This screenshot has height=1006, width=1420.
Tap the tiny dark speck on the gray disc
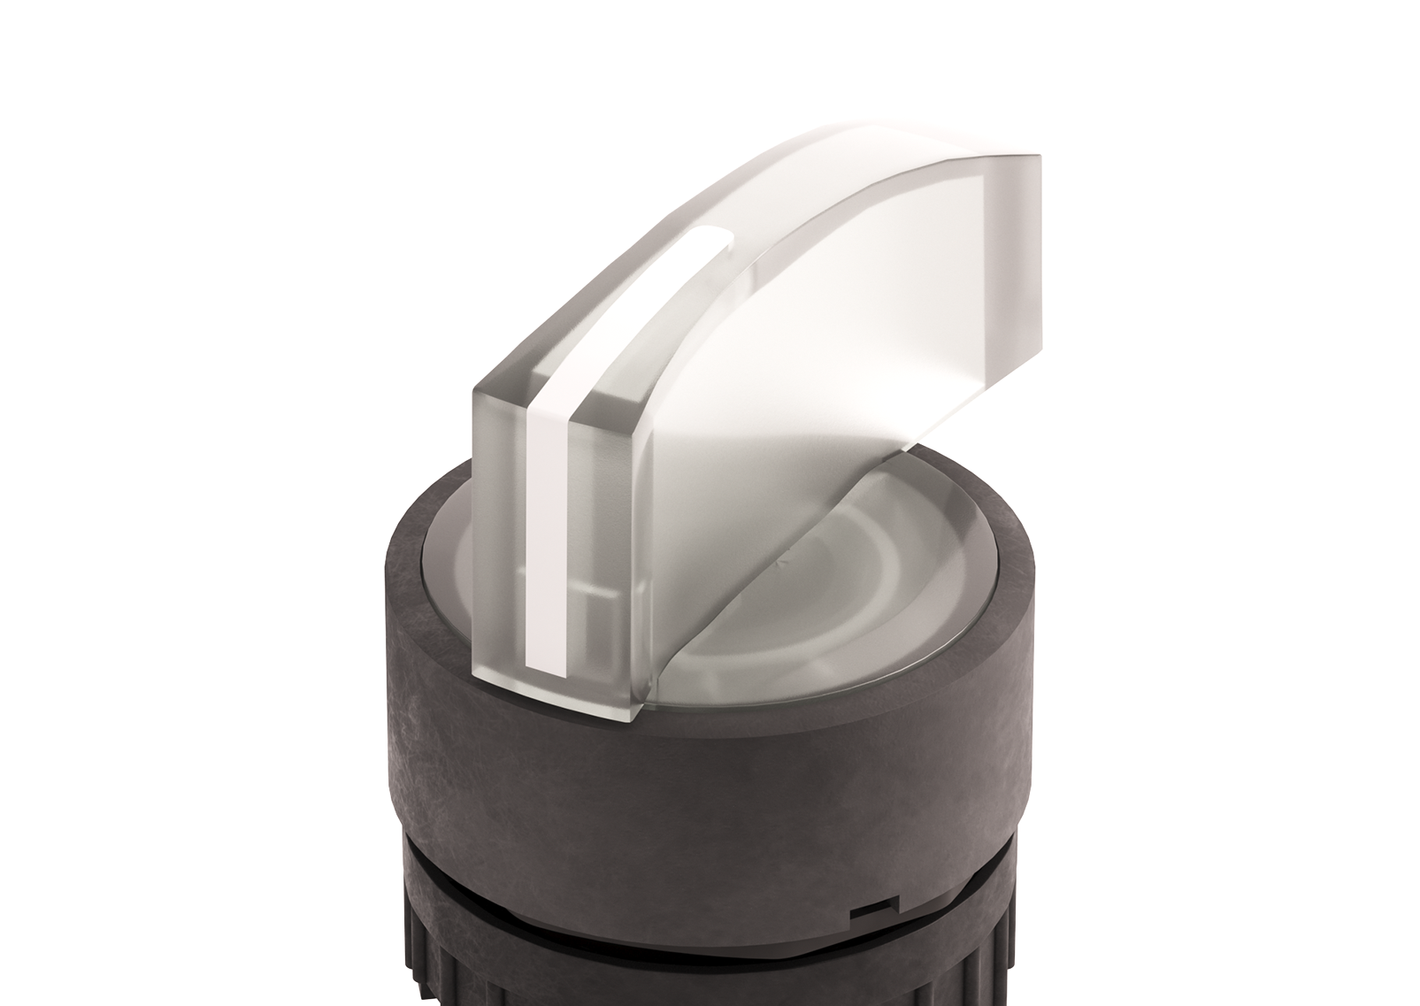pos(780,559)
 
